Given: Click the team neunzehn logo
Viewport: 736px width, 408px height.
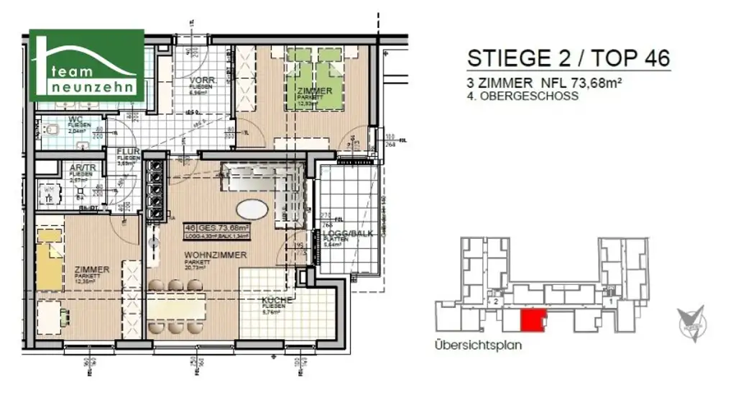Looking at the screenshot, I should coord(86,65).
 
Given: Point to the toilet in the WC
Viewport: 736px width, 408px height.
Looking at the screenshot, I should coord(52,130).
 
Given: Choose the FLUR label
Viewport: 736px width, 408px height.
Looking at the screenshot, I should coord(129,152).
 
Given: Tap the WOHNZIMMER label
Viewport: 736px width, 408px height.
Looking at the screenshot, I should coord(215,255).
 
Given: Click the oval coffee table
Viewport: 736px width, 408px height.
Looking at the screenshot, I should coord(252,210).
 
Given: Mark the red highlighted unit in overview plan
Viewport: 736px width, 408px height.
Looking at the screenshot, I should coord(532,321).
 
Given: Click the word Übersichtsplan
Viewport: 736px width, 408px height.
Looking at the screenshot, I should coord(478,345).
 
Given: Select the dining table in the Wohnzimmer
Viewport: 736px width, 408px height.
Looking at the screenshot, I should coord(181,307).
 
